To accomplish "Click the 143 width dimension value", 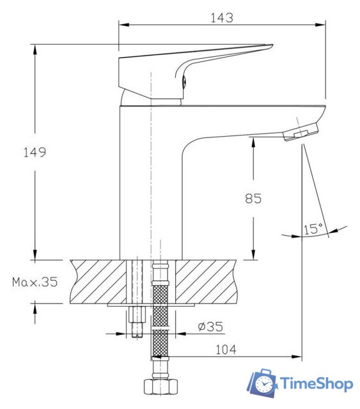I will click(221, 17).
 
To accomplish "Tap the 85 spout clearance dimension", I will click(253, 198).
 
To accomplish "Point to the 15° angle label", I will click(313, 228).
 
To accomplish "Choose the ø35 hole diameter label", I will click(210, 327).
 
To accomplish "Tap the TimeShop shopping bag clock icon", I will click(262, 383).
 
